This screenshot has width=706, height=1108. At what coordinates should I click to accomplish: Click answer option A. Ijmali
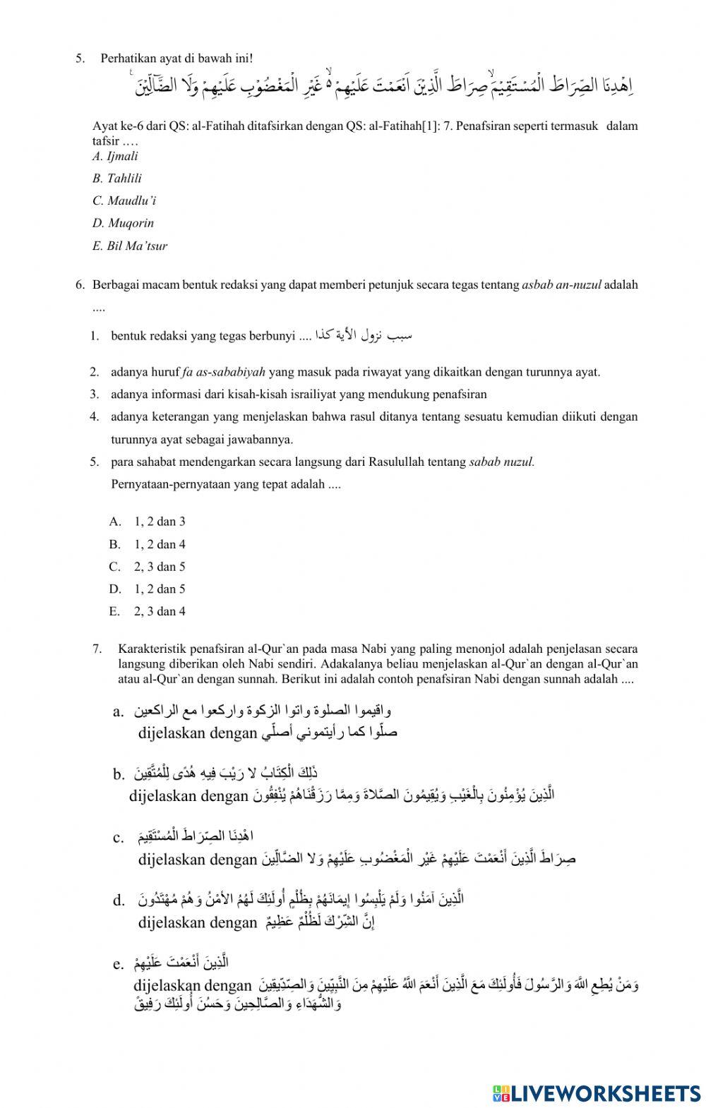115,157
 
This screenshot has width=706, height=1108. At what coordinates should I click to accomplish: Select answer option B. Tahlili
116,179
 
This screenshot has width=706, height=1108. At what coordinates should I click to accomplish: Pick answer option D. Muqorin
123,224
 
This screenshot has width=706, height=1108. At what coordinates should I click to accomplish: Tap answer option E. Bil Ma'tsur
129,246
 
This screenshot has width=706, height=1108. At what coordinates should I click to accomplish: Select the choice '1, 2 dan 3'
159,522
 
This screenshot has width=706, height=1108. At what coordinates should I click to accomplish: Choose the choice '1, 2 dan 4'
159,545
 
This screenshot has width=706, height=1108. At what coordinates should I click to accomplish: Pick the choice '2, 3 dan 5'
159,567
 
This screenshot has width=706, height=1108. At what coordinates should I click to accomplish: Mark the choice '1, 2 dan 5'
159,589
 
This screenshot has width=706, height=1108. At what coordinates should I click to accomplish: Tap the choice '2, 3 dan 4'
159,612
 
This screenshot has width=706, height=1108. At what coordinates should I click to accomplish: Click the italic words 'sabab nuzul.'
501,462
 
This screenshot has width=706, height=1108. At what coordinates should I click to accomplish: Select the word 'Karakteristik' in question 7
149,648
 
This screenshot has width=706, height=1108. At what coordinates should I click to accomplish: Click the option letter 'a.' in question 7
119,711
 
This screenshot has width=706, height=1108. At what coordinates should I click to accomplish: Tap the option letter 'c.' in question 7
119,838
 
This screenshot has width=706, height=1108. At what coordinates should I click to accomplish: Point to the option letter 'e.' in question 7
119,964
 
